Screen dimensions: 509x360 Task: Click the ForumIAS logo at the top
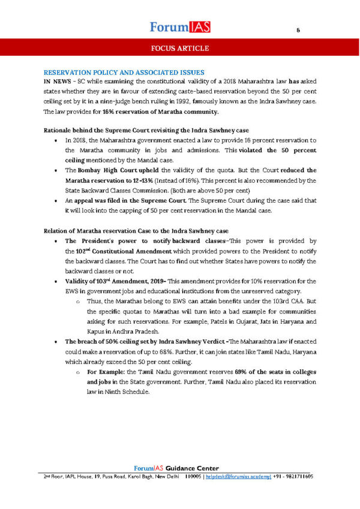[x=179, y=26]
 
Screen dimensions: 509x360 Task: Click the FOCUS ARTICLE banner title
[x=179, y=47]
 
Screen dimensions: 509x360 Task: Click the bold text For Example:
[x=106, y=372]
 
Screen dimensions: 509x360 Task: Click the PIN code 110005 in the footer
[x=193, y=476]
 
